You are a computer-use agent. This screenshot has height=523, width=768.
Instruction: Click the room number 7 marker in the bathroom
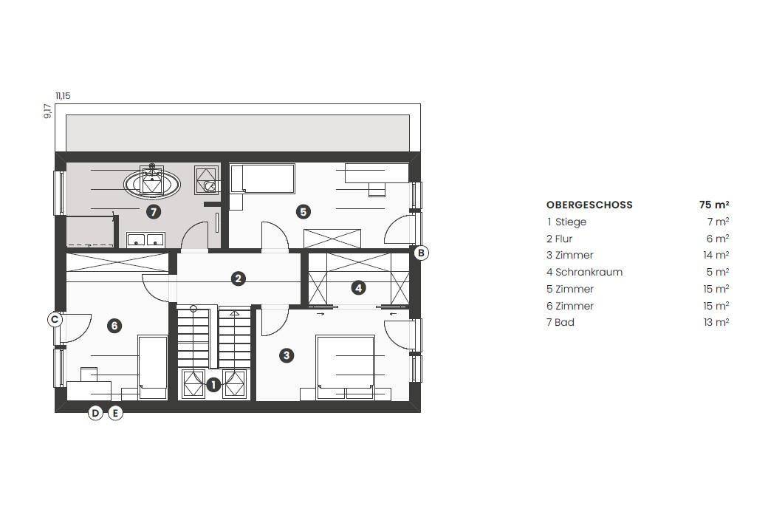click(154, 212)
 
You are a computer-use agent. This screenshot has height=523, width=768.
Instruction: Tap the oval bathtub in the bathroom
click(152, 184)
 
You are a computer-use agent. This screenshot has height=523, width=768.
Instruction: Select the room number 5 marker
click(304, 212)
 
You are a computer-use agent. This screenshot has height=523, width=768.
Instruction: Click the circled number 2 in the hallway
click(238, 279)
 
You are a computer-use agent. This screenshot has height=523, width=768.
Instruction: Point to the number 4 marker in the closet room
click(359, 287)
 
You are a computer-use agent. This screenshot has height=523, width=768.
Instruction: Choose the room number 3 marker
click(287, 355)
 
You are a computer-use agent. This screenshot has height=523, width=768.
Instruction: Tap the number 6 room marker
click(114, 326)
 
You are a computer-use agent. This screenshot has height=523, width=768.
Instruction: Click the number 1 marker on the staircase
click(213, 385)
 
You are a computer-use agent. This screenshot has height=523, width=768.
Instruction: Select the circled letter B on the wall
click(421, 253)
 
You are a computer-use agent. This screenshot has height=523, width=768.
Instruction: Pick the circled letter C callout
click(55, 320)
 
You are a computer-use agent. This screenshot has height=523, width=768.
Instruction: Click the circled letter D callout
click(95, 413)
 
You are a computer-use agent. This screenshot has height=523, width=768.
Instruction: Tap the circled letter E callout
click(115, 413)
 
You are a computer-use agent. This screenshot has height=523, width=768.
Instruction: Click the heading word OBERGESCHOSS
click(589, 205)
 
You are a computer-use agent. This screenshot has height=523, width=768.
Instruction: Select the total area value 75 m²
click(714, 205)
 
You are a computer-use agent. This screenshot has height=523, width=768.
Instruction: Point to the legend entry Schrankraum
click(589, 272)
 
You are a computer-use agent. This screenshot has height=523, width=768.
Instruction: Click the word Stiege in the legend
click(571, 222)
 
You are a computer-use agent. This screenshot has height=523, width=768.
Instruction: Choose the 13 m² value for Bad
click(716, 322)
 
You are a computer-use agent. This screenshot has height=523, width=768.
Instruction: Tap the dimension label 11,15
click(63, 95)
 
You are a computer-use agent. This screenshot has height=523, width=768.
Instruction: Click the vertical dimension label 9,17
click(47, 112)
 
